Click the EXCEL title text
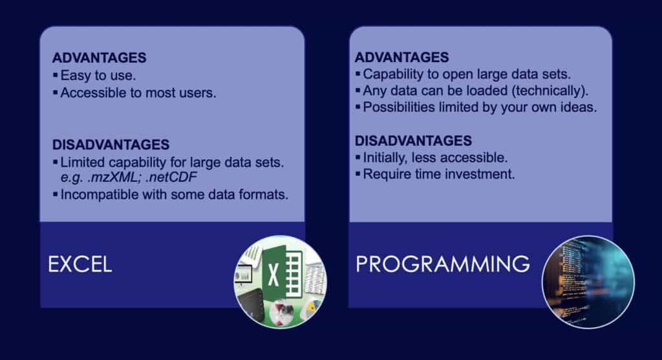point(80,264)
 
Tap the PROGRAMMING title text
point(442,264)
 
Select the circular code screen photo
point(588,282)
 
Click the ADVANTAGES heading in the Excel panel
point(99,58)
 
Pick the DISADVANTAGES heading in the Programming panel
point(413,140)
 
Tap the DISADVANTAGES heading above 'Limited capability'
point(111,145)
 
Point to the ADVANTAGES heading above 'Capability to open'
point(401,57)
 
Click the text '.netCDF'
point(171,177)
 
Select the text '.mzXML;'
point(114,177)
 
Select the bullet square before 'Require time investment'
point(358,173)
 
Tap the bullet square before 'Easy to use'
point(56,75)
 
